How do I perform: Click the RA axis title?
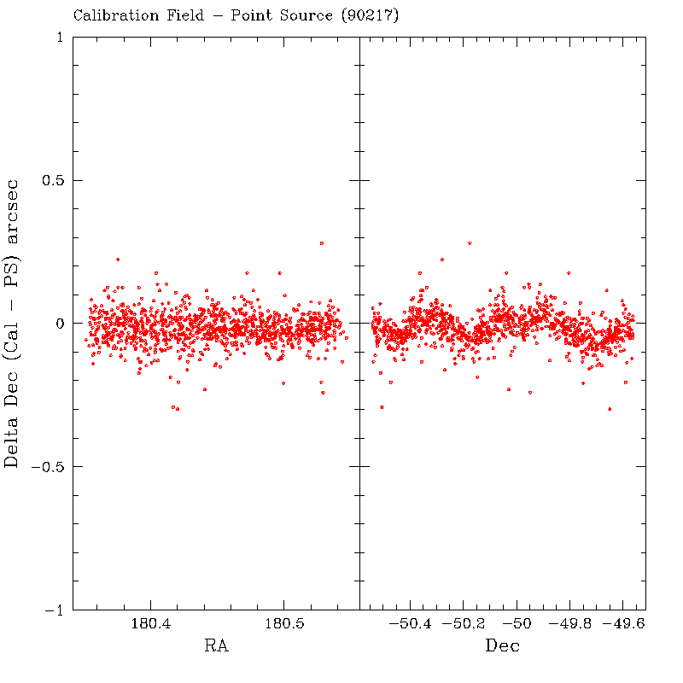pyautogui.click(x=216, y=646)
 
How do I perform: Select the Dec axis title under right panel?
pyautogui.click(x=503, y=646)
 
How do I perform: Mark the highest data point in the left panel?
pyautogui.click(x=321, y=243)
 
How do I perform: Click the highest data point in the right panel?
pyautogui.click(x=470, y=243)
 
